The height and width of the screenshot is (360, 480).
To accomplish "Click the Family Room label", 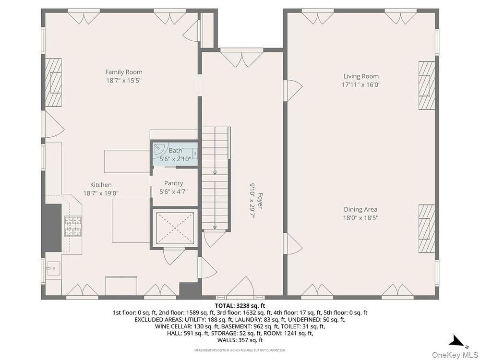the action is coord(124,72).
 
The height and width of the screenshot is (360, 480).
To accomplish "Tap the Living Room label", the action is coord(361,76).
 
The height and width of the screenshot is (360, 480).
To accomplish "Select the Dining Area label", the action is coord(360,210).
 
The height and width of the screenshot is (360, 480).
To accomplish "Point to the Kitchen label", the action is coord(101,185).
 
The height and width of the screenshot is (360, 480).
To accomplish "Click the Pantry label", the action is coord(174,183).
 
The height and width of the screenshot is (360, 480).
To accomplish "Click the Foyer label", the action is coord(260,201).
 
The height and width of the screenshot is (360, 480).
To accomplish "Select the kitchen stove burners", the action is coord(73,227).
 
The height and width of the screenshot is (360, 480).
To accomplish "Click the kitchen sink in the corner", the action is coord(53,268).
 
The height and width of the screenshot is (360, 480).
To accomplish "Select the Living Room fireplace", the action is coord(427,85).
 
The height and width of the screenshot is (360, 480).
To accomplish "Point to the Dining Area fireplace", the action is coord(427,228).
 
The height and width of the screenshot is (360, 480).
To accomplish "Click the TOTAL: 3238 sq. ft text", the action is coord(240,305).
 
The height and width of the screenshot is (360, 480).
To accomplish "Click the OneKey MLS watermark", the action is coord(455,355).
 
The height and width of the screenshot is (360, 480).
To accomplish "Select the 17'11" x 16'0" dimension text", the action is coord(361,85).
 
